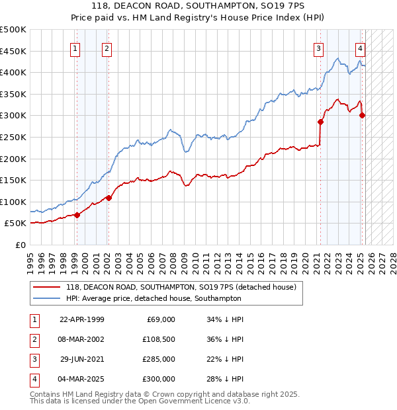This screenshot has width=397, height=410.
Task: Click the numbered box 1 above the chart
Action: pos(75,48)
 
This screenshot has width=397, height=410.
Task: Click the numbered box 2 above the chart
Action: pos(107,48)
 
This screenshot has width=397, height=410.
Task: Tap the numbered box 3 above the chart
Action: pos(319,48)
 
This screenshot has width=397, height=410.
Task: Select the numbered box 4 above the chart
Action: pos(360,48)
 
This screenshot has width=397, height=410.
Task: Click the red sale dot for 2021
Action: pos(320,122)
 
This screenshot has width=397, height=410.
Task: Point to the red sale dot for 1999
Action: pos(77,215)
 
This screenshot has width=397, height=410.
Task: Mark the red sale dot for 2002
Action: pos(109,198)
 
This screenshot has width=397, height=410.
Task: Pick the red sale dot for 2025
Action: pos(362,116)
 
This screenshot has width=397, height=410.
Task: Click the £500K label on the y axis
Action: pos(13,30)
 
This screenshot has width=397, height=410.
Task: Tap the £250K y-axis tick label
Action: pos(13,137)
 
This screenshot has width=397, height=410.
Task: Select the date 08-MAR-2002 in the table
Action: pos(82,340)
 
